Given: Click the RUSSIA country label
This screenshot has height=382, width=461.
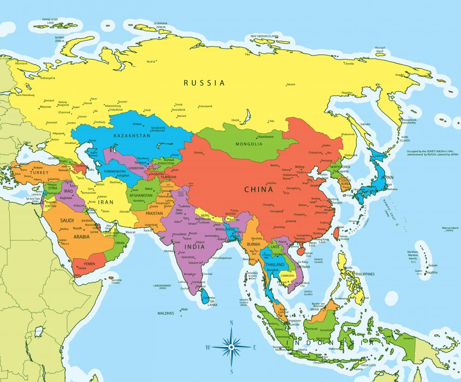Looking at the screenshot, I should pyautogui.click(x=204, y=83).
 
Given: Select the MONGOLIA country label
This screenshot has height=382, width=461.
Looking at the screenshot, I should pyautogui.click(x=248, y=144).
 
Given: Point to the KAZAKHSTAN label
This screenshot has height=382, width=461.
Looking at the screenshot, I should pyautogui.click(x=132, y=136).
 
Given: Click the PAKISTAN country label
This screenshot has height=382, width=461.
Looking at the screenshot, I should pyautogui.click(x=154, y=214).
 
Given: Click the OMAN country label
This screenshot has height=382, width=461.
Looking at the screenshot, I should pyautogui.click(x=119, y=243).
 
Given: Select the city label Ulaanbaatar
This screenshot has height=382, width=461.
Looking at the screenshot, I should pyautogui.click(x=265, y=137).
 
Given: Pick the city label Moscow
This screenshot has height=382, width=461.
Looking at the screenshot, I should pyautogui.click(x=46, y=107).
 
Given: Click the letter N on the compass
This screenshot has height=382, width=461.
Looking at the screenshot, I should pyautogui.click(x=231, y=323).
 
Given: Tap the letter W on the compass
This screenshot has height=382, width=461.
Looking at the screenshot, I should pyautogui.click(x=208, y=346).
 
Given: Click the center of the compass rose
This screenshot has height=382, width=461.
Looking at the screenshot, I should pyautogui.click(x=231, y=346).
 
